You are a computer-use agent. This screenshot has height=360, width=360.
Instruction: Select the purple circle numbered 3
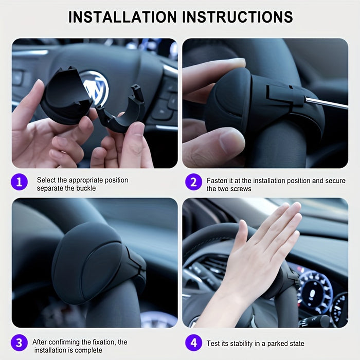[20, 343]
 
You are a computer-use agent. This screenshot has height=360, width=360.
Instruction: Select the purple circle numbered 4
[193, 343]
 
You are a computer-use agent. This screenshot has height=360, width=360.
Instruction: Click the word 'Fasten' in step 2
[217, 181]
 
